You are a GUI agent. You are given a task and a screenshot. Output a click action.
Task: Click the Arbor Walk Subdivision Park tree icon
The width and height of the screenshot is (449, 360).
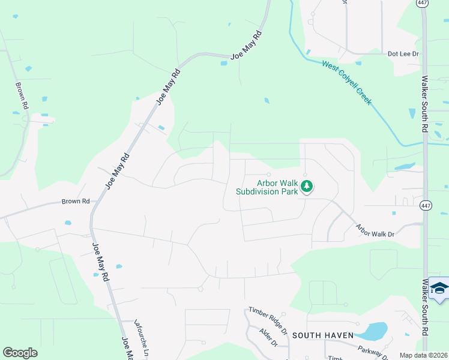307,187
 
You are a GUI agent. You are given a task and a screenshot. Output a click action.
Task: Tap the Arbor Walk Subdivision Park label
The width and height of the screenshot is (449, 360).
267,187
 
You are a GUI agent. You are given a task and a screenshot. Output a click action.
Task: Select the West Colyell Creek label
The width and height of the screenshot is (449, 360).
347,82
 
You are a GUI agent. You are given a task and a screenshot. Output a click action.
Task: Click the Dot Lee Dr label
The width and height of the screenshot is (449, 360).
403,53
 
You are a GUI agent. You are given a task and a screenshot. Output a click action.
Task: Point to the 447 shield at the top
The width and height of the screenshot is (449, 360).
422,3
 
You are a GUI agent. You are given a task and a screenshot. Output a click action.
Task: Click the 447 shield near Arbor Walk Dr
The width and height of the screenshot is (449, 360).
425,204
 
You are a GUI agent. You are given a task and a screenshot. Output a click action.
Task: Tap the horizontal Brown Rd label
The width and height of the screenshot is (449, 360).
75,202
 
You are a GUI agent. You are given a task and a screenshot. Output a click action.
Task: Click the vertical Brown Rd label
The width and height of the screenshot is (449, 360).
22,95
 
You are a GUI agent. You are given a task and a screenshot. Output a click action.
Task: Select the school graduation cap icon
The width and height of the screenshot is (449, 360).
439,290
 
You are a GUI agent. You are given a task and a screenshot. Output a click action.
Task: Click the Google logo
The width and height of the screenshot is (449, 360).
20,353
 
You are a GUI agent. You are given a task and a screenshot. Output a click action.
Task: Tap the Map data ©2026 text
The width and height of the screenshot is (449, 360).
423,355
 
